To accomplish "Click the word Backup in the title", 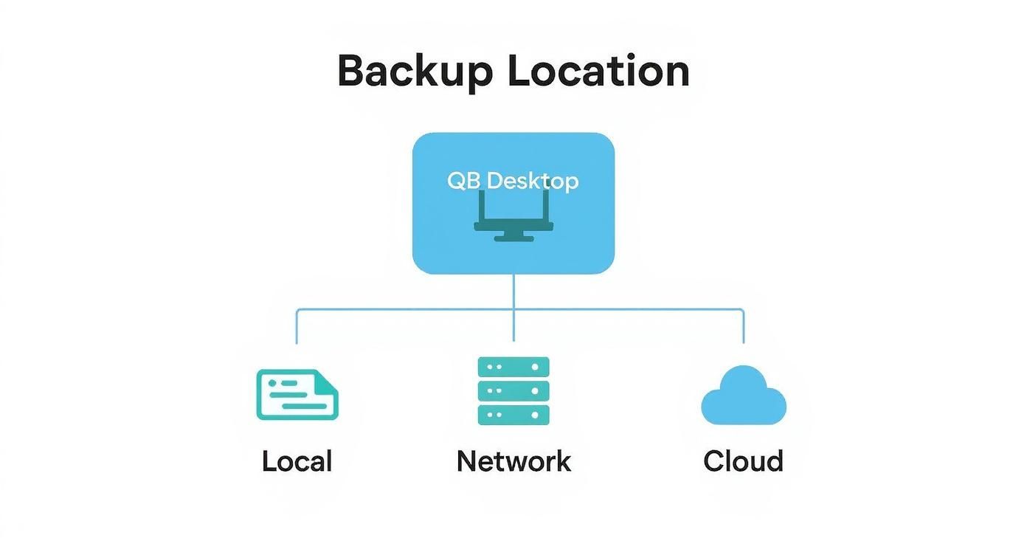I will (x=415, y=72).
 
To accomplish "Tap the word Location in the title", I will (x=598, y=72).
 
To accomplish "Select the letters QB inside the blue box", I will (x=463, y=181).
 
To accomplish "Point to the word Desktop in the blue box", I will (x=533, y=181).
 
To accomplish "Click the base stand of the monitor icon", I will (x=513, y=237).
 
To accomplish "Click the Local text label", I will (x=297, y=461).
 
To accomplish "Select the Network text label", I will (x=513, y=461).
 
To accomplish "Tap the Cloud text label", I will (x=743, y=461).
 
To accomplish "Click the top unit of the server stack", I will (x=513, y=367).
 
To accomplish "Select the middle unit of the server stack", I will (x=513, y=390).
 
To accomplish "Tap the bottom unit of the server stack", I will (x=513, y=414).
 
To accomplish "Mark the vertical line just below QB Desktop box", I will (x=513, y=292).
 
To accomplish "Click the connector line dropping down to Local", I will (x=297, y=327).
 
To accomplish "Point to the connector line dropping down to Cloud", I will (x=743, y=327).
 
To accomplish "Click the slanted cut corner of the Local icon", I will (x=328, y=379).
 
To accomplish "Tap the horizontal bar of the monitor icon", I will (x=513, y=226).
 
